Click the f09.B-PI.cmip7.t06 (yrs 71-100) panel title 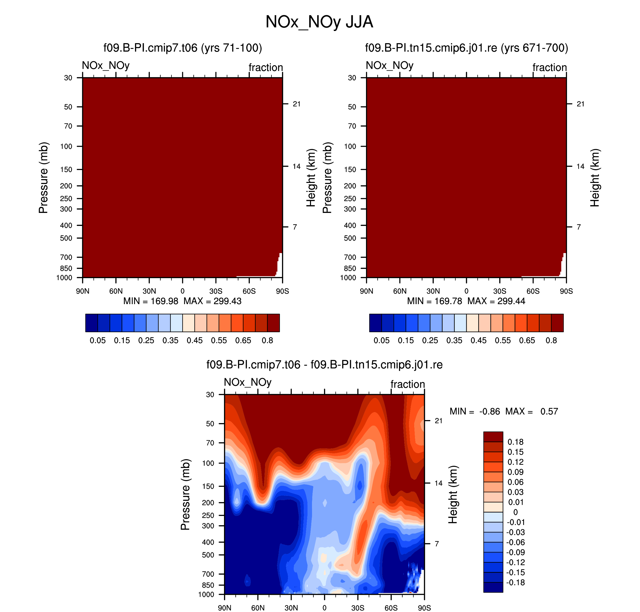[x=183, y=48]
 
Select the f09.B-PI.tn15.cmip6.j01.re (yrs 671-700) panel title [x=466, y=48]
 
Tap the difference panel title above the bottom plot [x=324, y=365]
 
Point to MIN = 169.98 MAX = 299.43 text [x=182, y=301]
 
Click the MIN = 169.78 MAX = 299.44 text [x=466, y=301]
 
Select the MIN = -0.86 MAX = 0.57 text [x=503, y=411]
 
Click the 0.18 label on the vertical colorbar [x=515, y=442]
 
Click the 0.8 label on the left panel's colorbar [x=267, y=341]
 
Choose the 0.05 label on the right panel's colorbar [x=381, y=341]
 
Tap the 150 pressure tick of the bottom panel [x=208, y=486]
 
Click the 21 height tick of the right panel [x=580, y=104]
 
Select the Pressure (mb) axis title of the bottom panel [x=185, y=495]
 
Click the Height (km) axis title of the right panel [x=595, y=178]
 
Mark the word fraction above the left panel [x=266, y=67]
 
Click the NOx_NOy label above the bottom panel [x=248, y=382]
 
